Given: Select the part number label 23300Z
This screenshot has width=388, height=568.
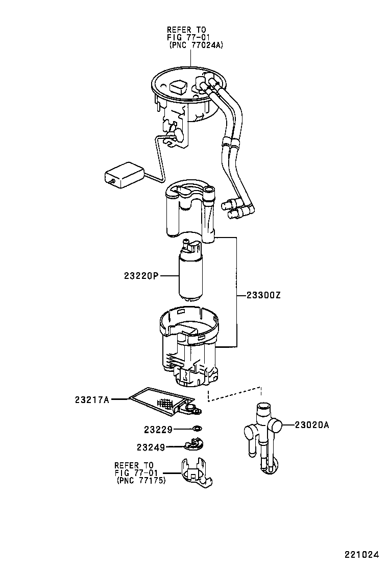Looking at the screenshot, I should click(264, 295).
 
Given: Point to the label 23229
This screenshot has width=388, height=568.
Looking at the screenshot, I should click(158, 430).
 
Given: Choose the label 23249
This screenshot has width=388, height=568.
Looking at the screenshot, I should click(151, 447).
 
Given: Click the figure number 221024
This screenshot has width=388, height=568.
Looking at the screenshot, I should click(361, 554).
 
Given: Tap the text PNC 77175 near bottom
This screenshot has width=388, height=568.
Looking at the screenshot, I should click(141, 481).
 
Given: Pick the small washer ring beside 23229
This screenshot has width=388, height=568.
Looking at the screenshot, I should click(198, 429).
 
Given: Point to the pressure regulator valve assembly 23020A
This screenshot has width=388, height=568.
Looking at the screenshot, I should click(261, 432).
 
